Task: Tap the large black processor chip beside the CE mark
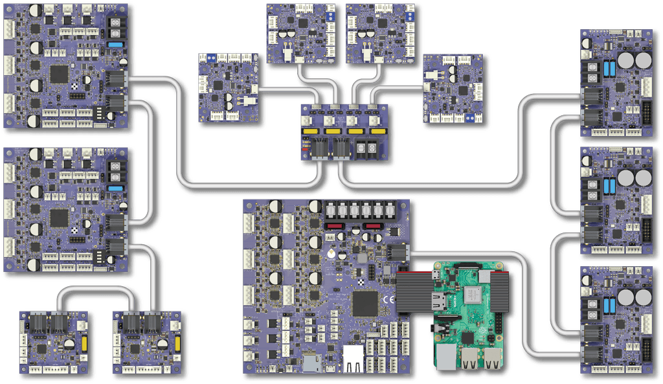point(364,303)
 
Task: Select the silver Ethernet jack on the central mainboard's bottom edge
point(354,358)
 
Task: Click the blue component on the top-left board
point(116,45)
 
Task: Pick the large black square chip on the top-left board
point(59,74)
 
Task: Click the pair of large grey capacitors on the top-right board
point(634,61)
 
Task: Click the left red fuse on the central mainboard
point(335,226)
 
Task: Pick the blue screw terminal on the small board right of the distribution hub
point(468,118)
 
